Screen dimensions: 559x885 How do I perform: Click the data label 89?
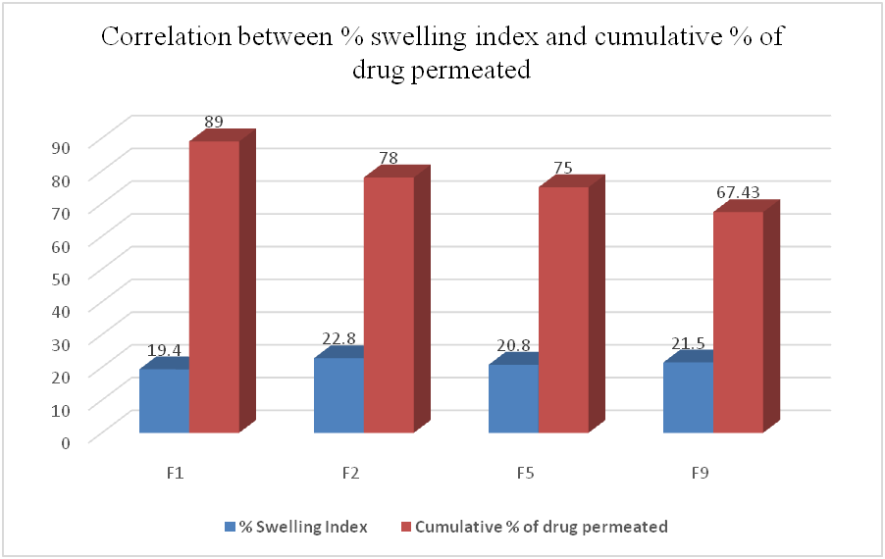pyautogui.click(x=215, y=122)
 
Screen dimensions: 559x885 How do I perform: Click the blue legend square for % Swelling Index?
pyautogui.click(x=232, y=527)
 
